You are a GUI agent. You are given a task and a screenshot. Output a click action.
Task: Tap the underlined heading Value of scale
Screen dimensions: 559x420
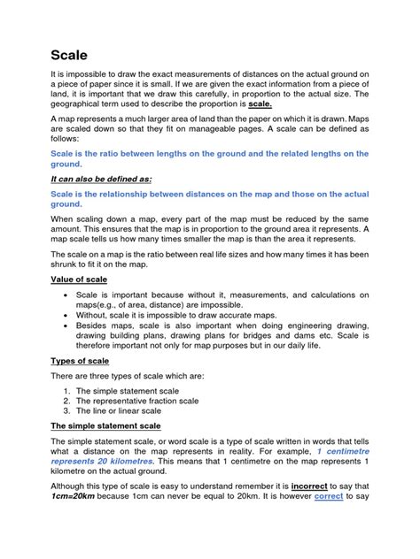78,279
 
